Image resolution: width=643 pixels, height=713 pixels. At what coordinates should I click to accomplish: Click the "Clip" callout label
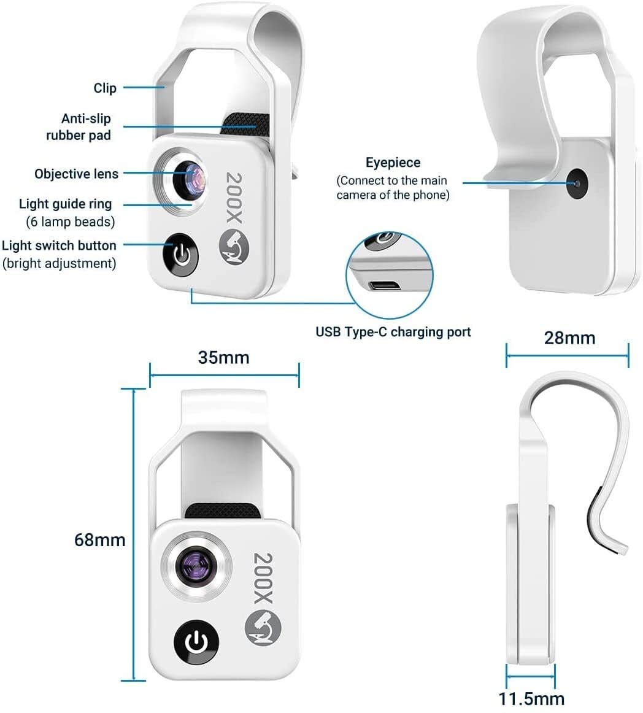pos(105,88)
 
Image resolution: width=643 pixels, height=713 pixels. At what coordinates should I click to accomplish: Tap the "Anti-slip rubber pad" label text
pos(79,126)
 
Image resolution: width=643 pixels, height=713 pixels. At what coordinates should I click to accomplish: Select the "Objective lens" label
pos(76,174)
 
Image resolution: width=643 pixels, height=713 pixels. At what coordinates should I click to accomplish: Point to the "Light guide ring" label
pos(66,204)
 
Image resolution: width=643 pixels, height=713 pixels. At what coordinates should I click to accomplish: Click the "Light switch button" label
pos(59,245)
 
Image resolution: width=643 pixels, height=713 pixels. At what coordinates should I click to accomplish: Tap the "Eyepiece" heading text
pos(393,163)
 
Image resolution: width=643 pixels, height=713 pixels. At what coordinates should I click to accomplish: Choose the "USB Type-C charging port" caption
pos(393,332)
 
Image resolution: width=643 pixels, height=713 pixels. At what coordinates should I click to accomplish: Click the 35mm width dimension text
pos(223,357)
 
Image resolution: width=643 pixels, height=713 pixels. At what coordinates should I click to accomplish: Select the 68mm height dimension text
pos(99,540)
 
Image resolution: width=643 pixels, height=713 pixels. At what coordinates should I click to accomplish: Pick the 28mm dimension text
pos(569,337)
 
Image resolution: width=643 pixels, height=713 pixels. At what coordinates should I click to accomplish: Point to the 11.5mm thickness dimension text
pos(531,698)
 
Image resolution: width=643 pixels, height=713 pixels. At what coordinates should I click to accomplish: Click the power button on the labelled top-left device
pos(180,255)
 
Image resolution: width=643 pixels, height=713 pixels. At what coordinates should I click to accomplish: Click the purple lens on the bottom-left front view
pos(196,565)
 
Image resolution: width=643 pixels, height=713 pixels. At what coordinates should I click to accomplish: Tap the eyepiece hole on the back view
pos(577,183)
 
